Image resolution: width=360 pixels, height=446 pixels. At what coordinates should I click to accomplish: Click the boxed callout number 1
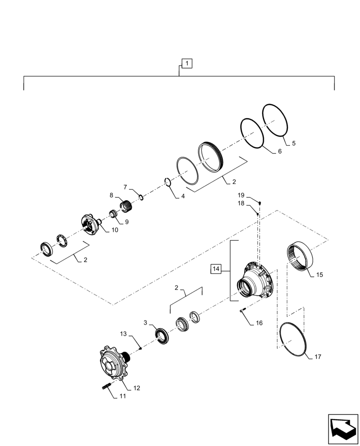(187, 64)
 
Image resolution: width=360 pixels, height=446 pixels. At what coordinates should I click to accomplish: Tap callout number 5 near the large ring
(293, 144)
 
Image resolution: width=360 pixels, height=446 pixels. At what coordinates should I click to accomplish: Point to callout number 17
(317, 357)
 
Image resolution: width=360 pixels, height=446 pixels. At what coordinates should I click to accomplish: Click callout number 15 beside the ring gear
(319, 275)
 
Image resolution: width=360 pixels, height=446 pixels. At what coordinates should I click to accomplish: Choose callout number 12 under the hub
(137, 388)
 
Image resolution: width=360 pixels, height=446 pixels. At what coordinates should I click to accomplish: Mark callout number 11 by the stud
(123, 396)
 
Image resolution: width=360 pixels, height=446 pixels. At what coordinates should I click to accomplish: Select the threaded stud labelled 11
(107, 387)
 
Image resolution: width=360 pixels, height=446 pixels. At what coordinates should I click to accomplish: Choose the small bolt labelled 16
(243, 311)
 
